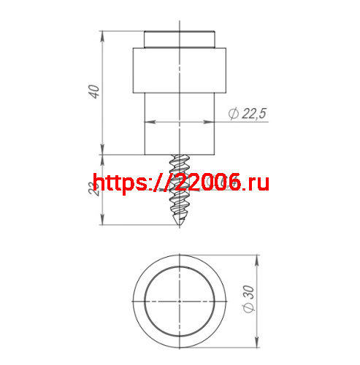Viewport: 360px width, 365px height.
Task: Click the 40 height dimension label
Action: point(93,92)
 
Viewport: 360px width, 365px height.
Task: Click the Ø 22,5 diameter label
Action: point(248,112)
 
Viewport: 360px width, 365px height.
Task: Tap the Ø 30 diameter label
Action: point(248,299)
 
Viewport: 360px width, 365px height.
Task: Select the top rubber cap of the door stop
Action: point(180,38)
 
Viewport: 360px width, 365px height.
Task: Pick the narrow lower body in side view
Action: point(180,131)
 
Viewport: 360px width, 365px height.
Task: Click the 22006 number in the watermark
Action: point(206,182)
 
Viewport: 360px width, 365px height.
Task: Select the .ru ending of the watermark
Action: point(256,182)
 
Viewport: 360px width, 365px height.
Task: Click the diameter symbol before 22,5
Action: point(232,113)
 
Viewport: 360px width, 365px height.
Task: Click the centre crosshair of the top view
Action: point(180,301)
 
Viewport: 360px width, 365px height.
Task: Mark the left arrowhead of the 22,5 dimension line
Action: point(147,121)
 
